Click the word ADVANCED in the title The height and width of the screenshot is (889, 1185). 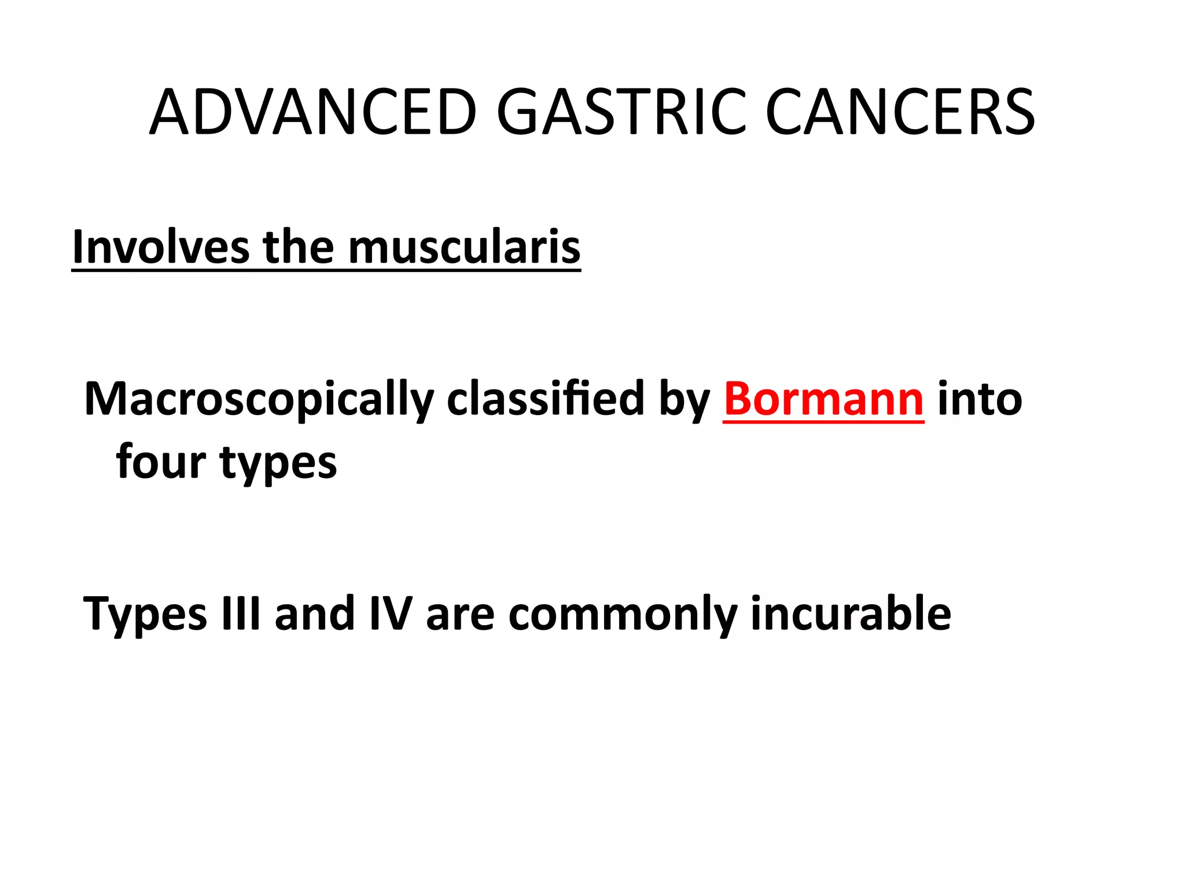313,112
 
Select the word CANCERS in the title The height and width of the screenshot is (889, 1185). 900,112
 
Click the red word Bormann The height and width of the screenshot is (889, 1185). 823,399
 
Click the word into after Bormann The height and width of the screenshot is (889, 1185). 980,399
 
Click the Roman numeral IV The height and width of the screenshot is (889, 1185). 391,614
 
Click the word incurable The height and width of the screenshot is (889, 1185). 851,614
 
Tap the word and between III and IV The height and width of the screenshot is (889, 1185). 315,614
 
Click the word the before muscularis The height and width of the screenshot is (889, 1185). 299,247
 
